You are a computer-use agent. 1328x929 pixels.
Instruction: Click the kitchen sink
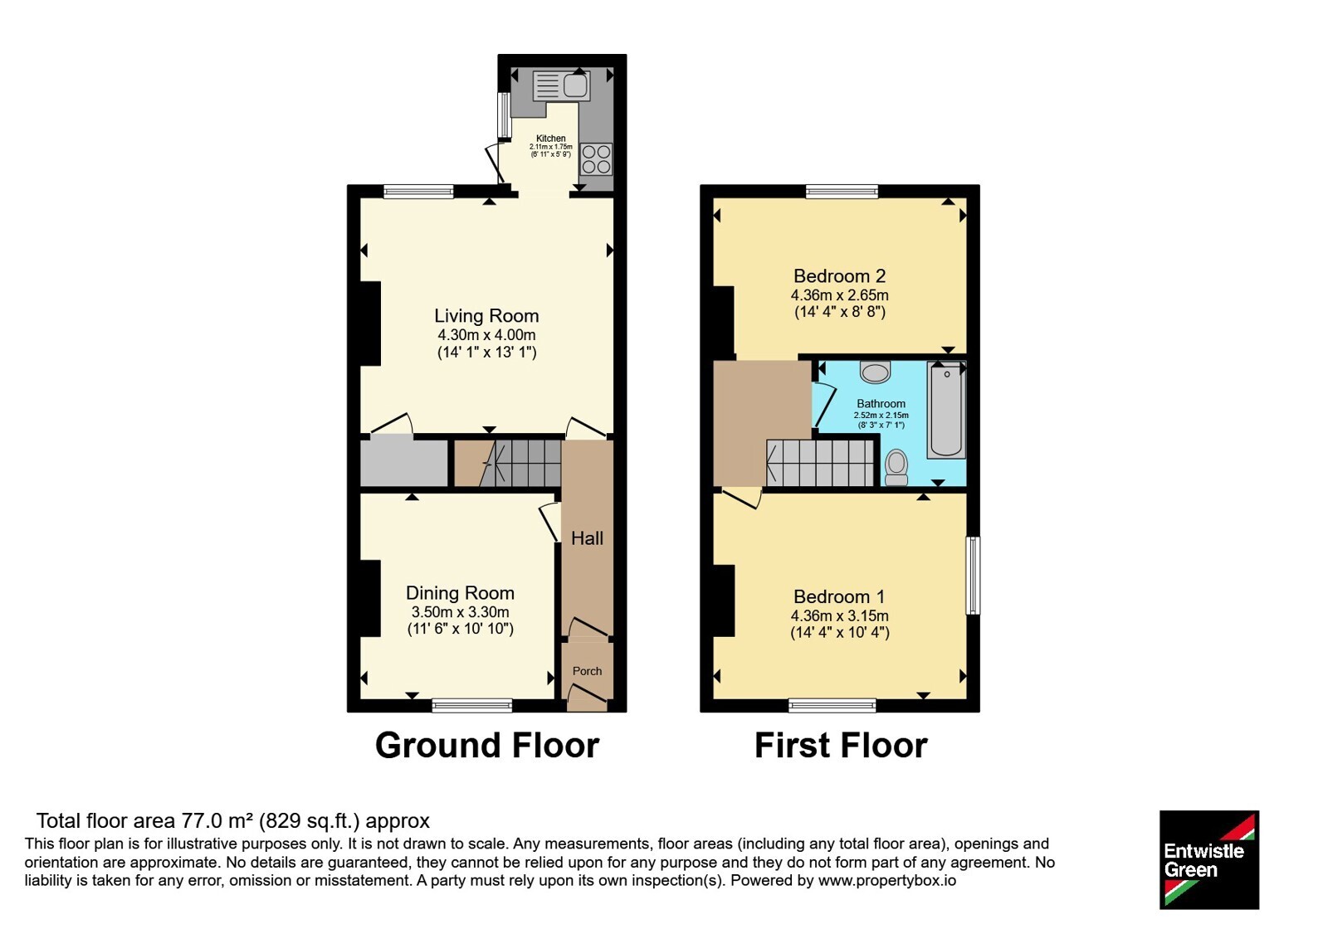[x=561, y=86]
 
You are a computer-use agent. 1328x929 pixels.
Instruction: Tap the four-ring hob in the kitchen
[x=596, y=158]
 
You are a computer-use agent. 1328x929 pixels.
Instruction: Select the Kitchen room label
[x=551, y=138]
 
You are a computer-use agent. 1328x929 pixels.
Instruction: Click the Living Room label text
[x=486, y=316]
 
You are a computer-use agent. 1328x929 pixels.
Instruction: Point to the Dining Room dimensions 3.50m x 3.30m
[x=460, y=612]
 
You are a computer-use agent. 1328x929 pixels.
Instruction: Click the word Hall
[x=587, y=538]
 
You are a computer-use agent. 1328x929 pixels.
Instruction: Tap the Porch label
[x=587, y=671]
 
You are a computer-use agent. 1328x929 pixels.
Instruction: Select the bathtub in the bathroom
[x=946, y=410]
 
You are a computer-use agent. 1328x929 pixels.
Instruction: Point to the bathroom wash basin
[x=875, y=372]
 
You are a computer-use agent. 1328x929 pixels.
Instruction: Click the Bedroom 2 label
[x=839, y=276]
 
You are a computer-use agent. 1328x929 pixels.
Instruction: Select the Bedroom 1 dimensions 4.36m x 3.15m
[x=839, y=615]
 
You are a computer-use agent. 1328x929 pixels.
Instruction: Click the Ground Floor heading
[x=486, y=746]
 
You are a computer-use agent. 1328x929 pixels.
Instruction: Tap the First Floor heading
[x=841, y=746]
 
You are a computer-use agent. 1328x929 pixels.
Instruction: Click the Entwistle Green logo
[x=1209, y=859]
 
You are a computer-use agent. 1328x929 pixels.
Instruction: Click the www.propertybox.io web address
[x=887, y=881]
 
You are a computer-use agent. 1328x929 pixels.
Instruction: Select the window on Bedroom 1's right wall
[x=973, y=576]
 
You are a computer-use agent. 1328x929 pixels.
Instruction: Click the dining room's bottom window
[x=472, y=705]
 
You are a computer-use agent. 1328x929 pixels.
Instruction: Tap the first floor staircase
[x=821, y=463]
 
